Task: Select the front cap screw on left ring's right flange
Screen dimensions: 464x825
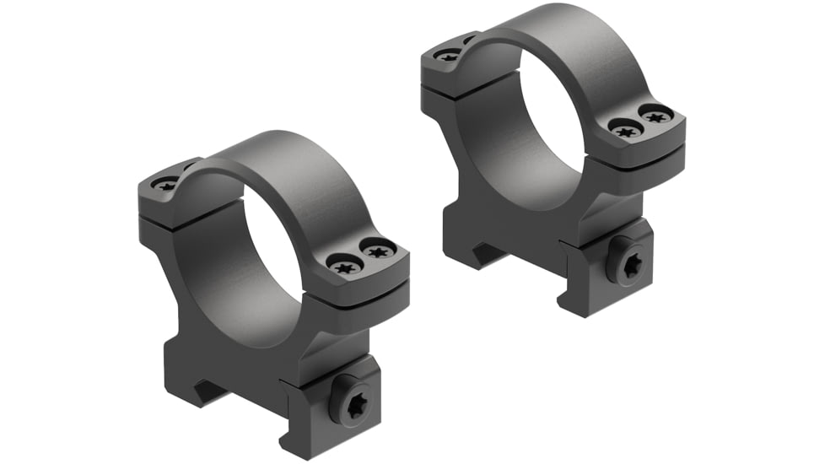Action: coord(345,267)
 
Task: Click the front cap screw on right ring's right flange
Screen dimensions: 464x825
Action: coord(624,130)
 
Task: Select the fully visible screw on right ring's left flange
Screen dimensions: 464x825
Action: coord(448,56)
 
